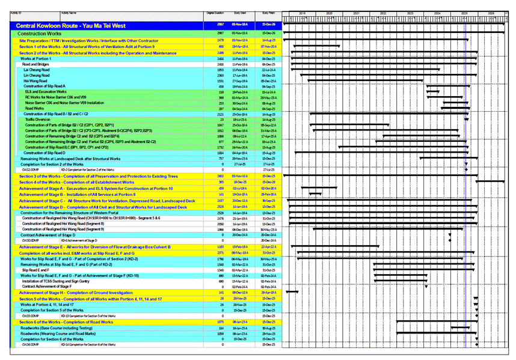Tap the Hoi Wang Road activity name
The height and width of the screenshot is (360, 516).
35,81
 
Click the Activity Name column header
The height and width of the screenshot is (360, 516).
69,12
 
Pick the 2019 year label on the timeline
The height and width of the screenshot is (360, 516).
303,12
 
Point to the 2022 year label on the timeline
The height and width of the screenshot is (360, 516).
383,12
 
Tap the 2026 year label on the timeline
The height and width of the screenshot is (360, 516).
491,12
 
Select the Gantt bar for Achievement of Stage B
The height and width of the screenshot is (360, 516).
315,195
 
